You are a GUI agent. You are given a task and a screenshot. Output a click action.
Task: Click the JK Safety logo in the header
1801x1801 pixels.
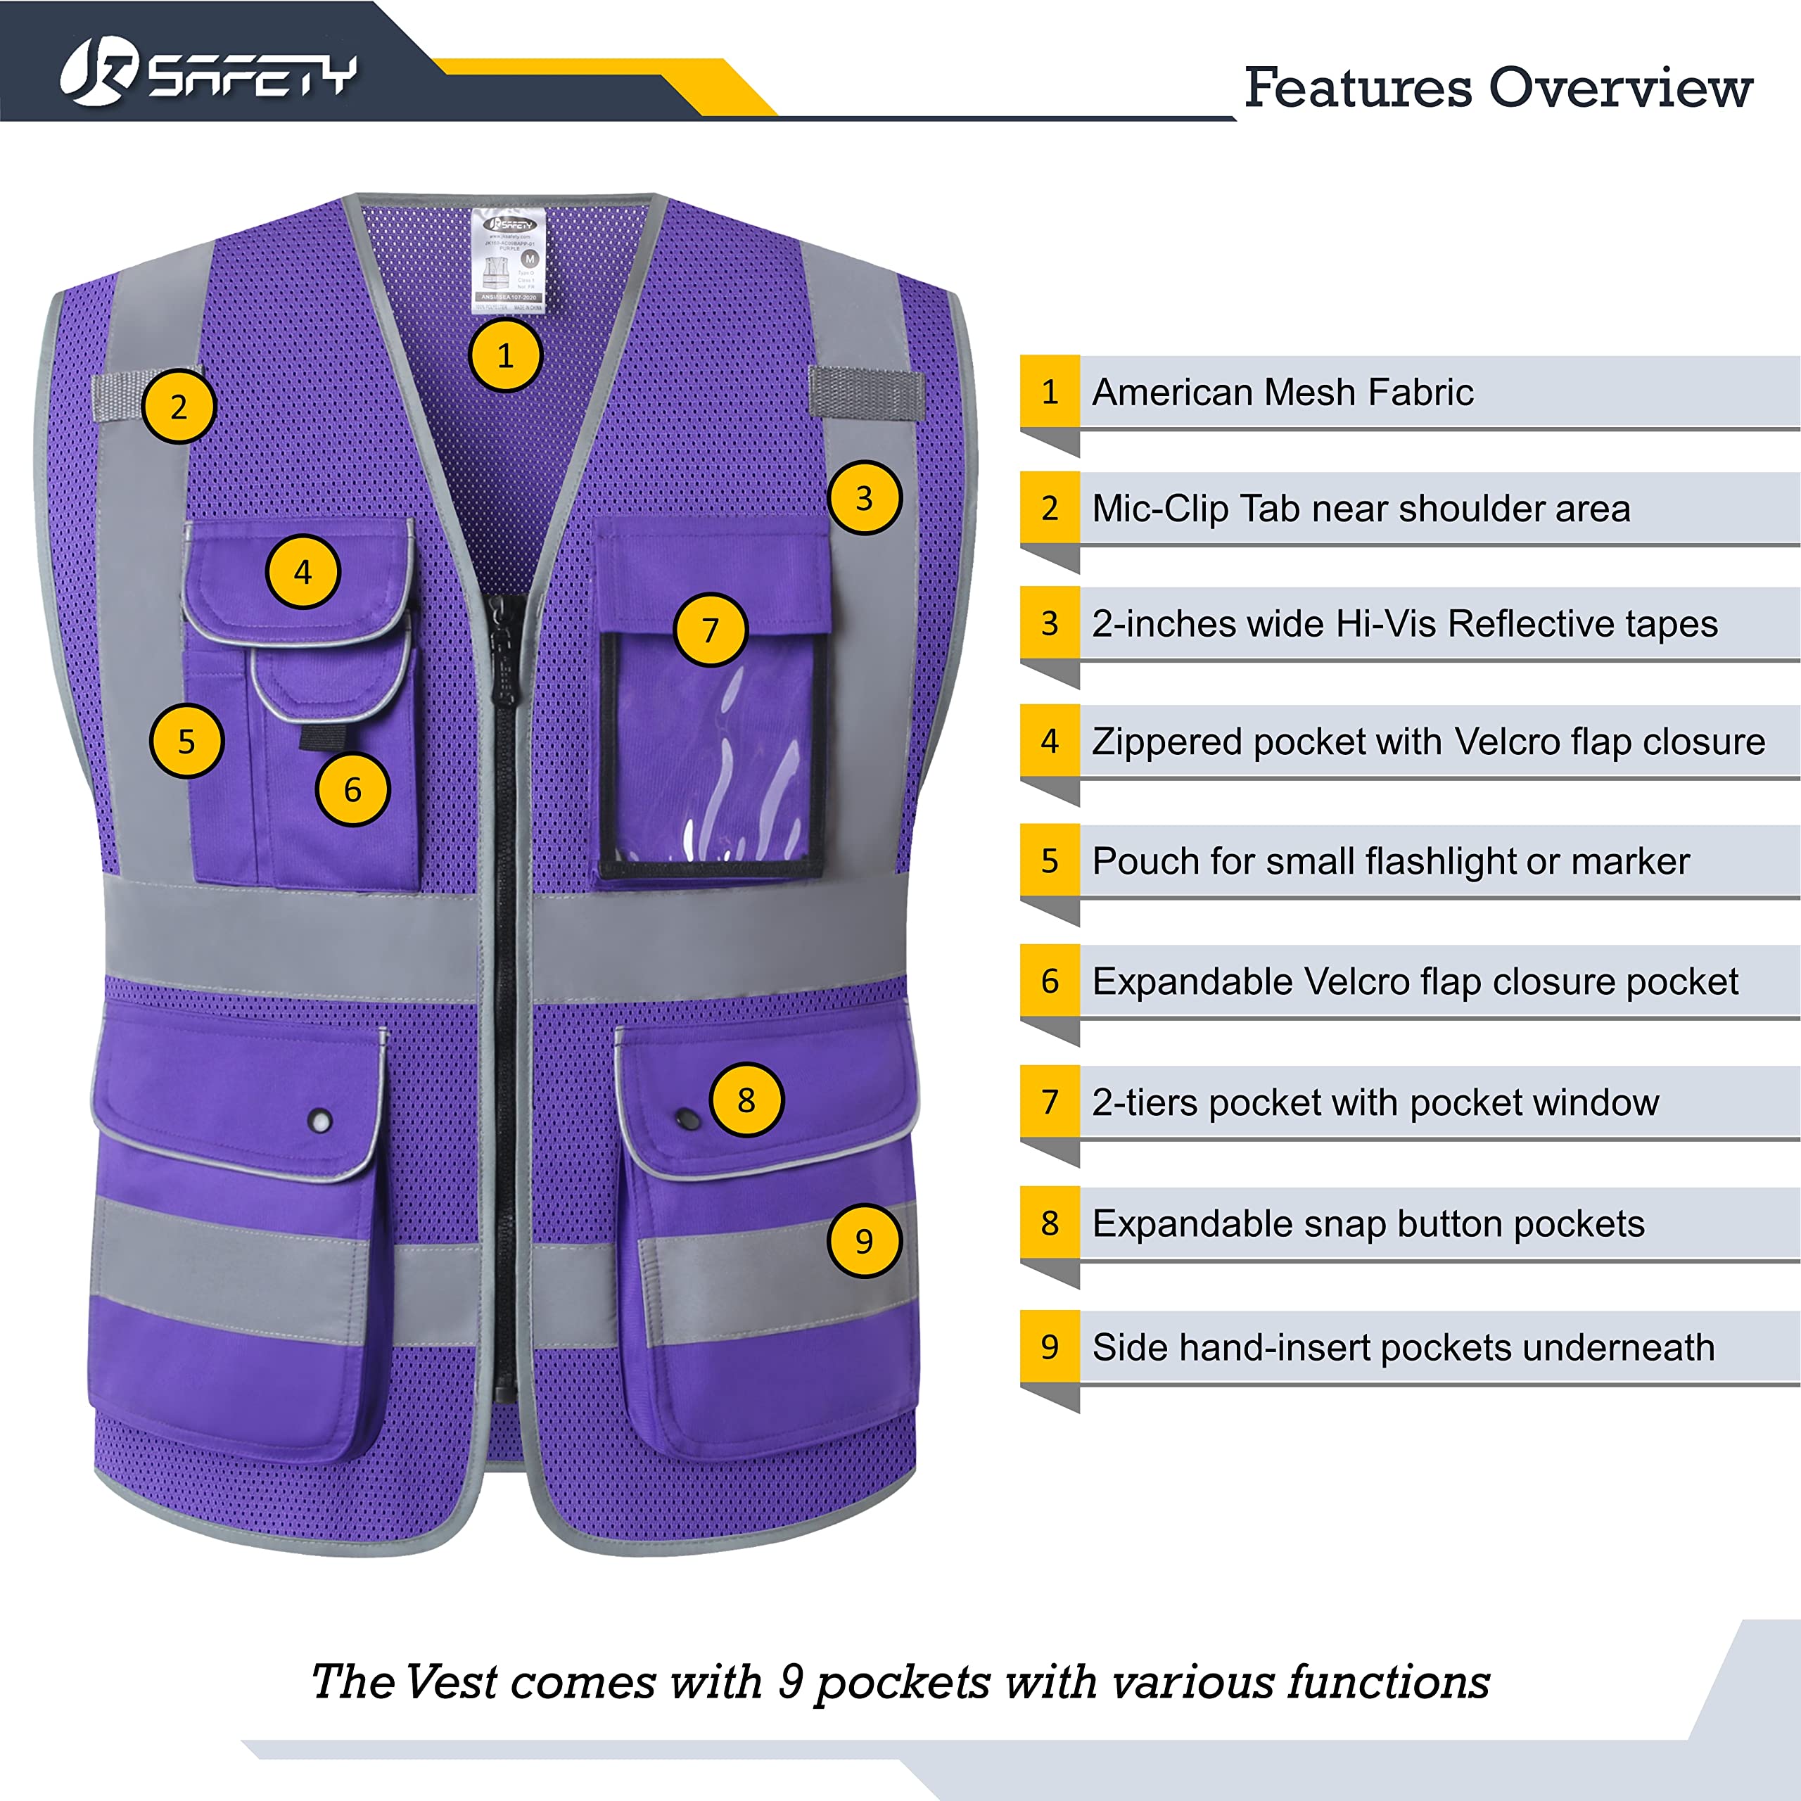(207, 75)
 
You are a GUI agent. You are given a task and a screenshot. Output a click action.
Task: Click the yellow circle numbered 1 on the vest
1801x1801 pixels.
(505, 355)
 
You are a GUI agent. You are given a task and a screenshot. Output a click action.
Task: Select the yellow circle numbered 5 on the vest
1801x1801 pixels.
(186, 741)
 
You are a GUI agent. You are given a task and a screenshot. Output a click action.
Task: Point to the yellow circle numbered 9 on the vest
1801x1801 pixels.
(864, 1241)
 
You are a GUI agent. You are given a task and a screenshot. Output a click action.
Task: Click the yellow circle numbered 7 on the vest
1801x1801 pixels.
(711, 630)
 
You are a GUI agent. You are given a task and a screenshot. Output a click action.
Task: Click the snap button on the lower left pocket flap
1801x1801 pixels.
(319, 1121)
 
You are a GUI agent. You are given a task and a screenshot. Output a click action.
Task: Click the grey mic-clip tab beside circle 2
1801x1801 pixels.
(120, 396)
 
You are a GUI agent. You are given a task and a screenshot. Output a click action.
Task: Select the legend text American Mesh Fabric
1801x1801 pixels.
(1282, 393)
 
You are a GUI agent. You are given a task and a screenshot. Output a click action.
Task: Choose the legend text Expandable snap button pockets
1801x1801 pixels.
(1368, 1224)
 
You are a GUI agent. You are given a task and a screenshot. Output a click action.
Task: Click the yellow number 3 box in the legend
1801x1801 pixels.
(1050, 623)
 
